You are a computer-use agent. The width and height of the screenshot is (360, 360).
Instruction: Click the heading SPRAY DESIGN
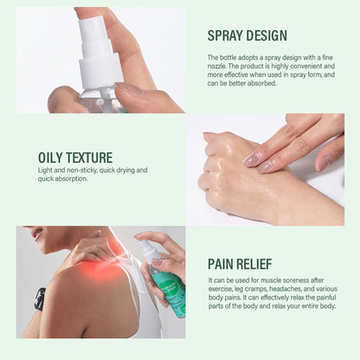tap(247, 35)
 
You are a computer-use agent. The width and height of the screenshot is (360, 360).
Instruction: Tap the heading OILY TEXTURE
tap(74, 157)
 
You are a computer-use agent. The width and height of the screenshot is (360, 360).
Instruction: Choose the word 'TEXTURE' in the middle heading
tap(88, 157)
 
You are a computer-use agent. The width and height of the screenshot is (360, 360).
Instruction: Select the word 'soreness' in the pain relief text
tap(300, 280)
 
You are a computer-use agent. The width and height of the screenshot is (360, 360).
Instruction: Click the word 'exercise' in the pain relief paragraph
tap(221, 289)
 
